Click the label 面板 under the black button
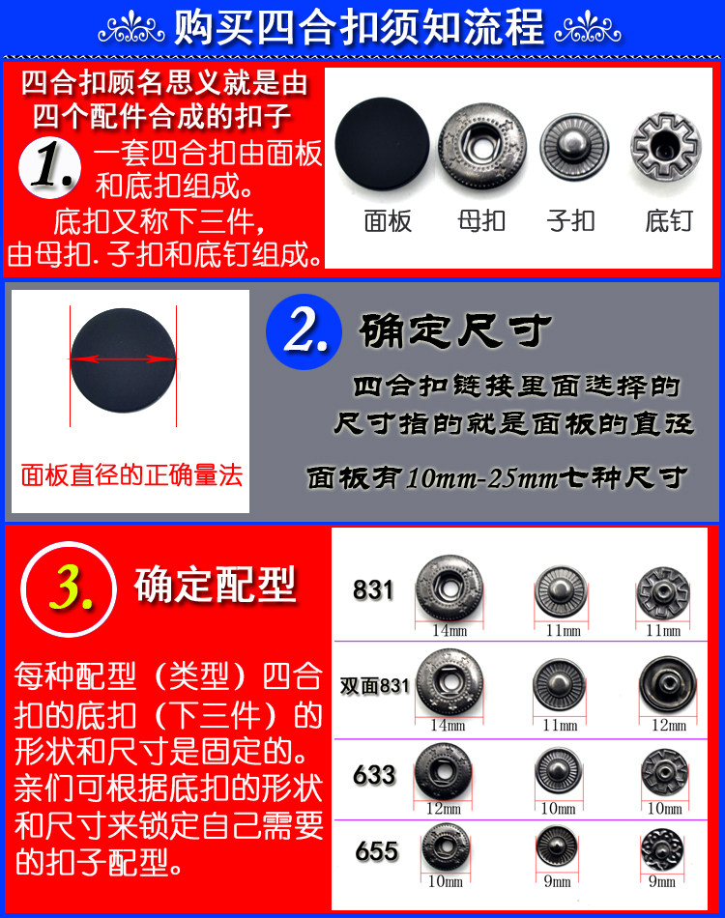tap(388, 221)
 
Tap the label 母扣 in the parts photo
tap(481, 221)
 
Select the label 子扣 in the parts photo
tap(570, 221)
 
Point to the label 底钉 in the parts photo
tap(668, 221)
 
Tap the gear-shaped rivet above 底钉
tap(666, 146)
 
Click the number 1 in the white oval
tap(51, 167)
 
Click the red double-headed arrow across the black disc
tap(123, 359)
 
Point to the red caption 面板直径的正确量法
tap(131, 475)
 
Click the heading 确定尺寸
tap(455, 331)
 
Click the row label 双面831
tap(375, 686)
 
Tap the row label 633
tap(375, 775)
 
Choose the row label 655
tap(376, 850)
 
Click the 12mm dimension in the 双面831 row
tap(666, 725)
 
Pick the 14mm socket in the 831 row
tap(449, 588)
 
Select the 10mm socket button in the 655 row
tap(447, 847)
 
